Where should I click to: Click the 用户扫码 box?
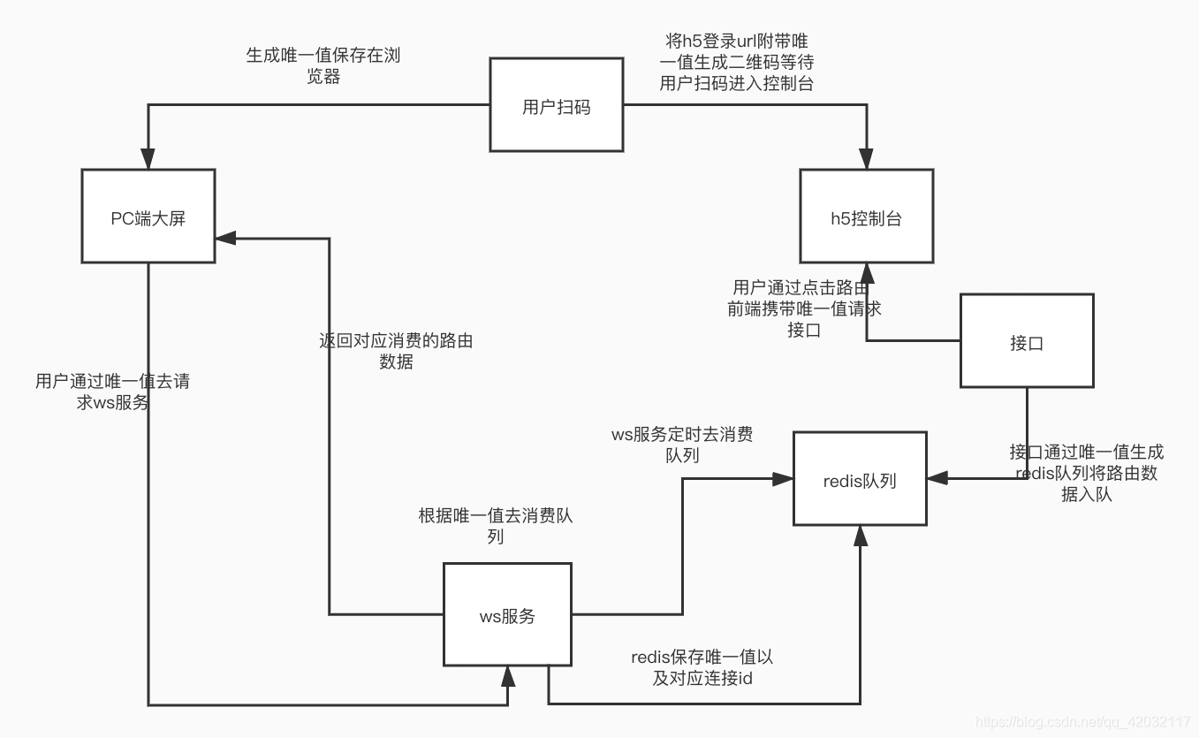point(556,106)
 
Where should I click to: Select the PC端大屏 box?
point(148,217)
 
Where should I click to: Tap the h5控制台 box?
point(866,217)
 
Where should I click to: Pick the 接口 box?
point(1027,341)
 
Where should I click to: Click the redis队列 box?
point(860,479)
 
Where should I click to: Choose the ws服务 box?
point(507,615)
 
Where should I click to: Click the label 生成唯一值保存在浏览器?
point(329,65)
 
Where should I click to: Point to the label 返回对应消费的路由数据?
point(396,351)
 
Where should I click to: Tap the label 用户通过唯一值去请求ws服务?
point(112,392)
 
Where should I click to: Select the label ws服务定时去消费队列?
point(682,445)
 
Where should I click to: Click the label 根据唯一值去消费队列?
point(495,526)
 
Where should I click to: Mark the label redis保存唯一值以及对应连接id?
point(702,667)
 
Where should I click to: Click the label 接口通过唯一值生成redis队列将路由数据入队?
point(1086,473)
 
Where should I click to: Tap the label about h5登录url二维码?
point(736,63)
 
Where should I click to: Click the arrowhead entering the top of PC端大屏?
point(148,161)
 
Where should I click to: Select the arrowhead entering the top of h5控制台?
point(866,161)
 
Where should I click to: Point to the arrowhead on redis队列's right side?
point(937,478)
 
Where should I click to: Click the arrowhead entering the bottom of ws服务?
point(508,676)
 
